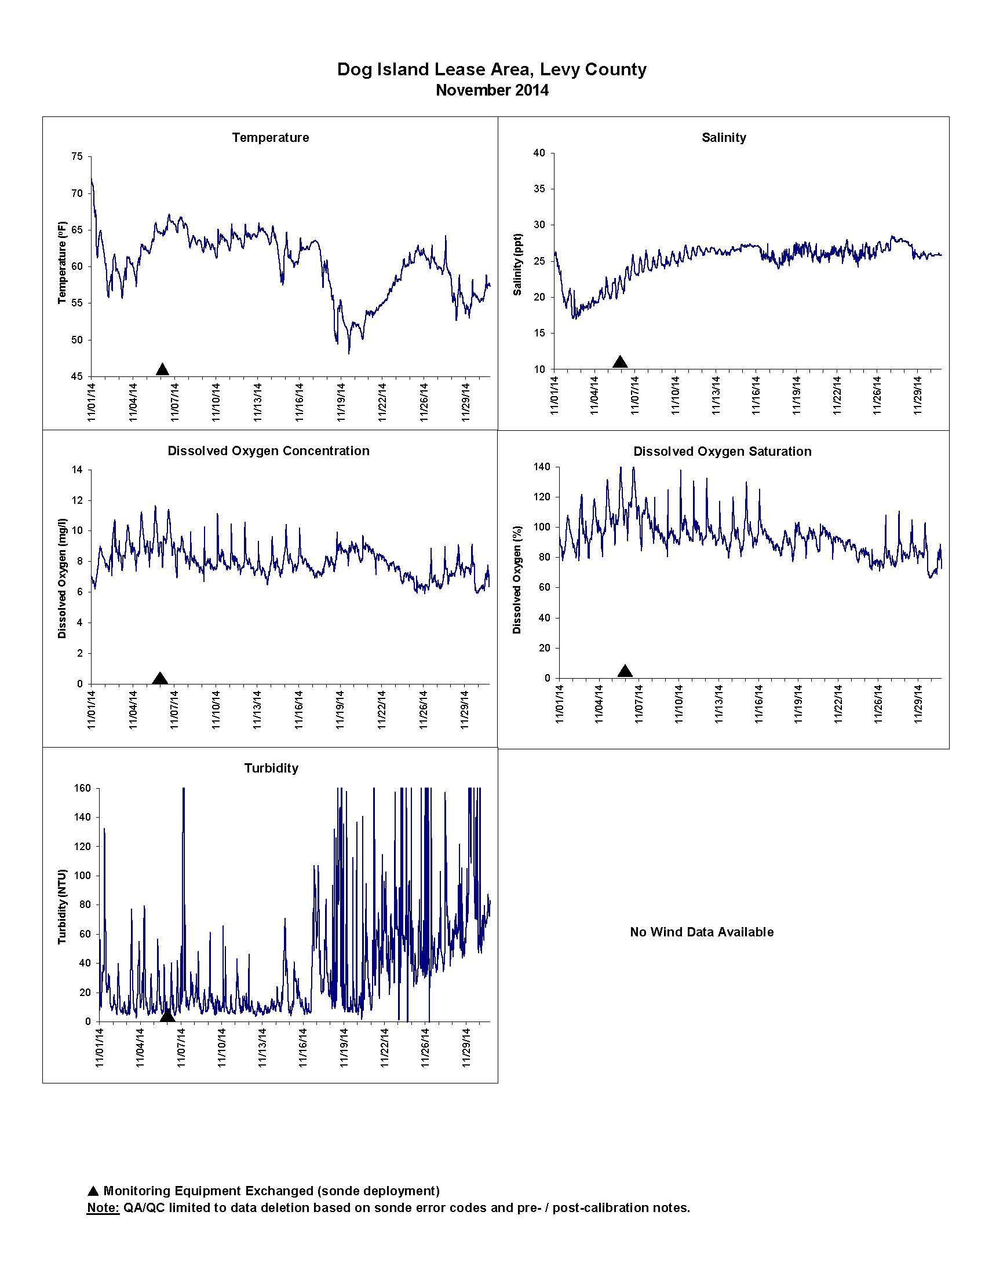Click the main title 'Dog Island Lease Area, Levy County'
(x=492, y=69)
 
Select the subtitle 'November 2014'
(x=492, y=90)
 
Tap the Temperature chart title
(x=270, y=138)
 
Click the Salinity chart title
(x=724, y=138)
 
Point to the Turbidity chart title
(x=271, y=768)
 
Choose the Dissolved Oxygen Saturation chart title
(x=723, y=452)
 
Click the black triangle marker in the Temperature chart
(x=163, y=369)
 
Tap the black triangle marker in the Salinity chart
(x=621, y=362)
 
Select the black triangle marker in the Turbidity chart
(x=167, y=1015)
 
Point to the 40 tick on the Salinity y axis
(x=540, y=153)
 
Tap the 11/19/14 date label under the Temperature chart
(x=341, y=401)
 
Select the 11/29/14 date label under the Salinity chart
(x=918, y=394)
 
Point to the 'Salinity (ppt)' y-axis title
(x=517, y=264)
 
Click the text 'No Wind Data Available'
(x=702, y=932)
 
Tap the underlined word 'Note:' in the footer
(x=103, y=1207)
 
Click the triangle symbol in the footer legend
(x=93, y=1191)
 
